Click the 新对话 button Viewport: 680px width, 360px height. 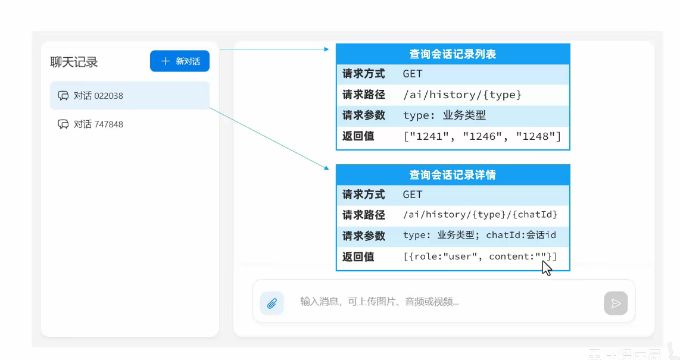tap(180, 61)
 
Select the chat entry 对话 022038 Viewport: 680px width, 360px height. tap(129, 96)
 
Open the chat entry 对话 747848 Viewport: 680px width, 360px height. tap(98, 124)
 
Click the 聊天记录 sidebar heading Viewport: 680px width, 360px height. tap(74, 62)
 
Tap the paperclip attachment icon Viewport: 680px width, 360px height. tap(272, 303)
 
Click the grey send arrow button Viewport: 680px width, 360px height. tap(616, 303)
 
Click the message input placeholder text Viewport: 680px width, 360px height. tap(379, 302)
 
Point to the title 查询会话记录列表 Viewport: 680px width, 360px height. tap(453, 54)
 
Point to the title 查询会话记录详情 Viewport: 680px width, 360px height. tap(453, 175)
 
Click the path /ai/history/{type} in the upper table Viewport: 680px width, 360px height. tap(462, 95)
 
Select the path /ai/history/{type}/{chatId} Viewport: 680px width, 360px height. tap(480, 215)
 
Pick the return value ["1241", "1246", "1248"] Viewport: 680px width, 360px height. tap(482, 136)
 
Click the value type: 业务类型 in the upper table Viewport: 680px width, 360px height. tap(444, 115)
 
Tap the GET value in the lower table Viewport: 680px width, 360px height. tap(413, 195)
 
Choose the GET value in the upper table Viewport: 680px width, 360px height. tap(413, 74)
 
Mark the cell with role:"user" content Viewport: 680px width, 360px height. tap(480, 256)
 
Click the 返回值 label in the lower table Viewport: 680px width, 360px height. tap(358, 256)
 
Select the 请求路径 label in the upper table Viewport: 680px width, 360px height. tap(364, 95)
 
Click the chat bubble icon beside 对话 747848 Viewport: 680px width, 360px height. tap(63, 124)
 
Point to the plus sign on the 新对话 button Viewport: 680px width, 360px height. tap(166, 61)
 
